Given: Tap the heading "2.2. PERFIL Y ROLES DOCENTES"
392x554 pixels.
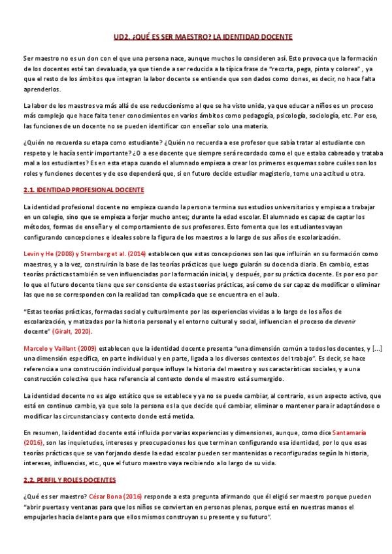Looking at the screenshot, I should coord(69,480).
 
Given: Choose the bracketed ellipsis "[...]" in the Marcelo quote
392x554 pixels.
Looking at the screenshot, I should coord(365,348).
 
